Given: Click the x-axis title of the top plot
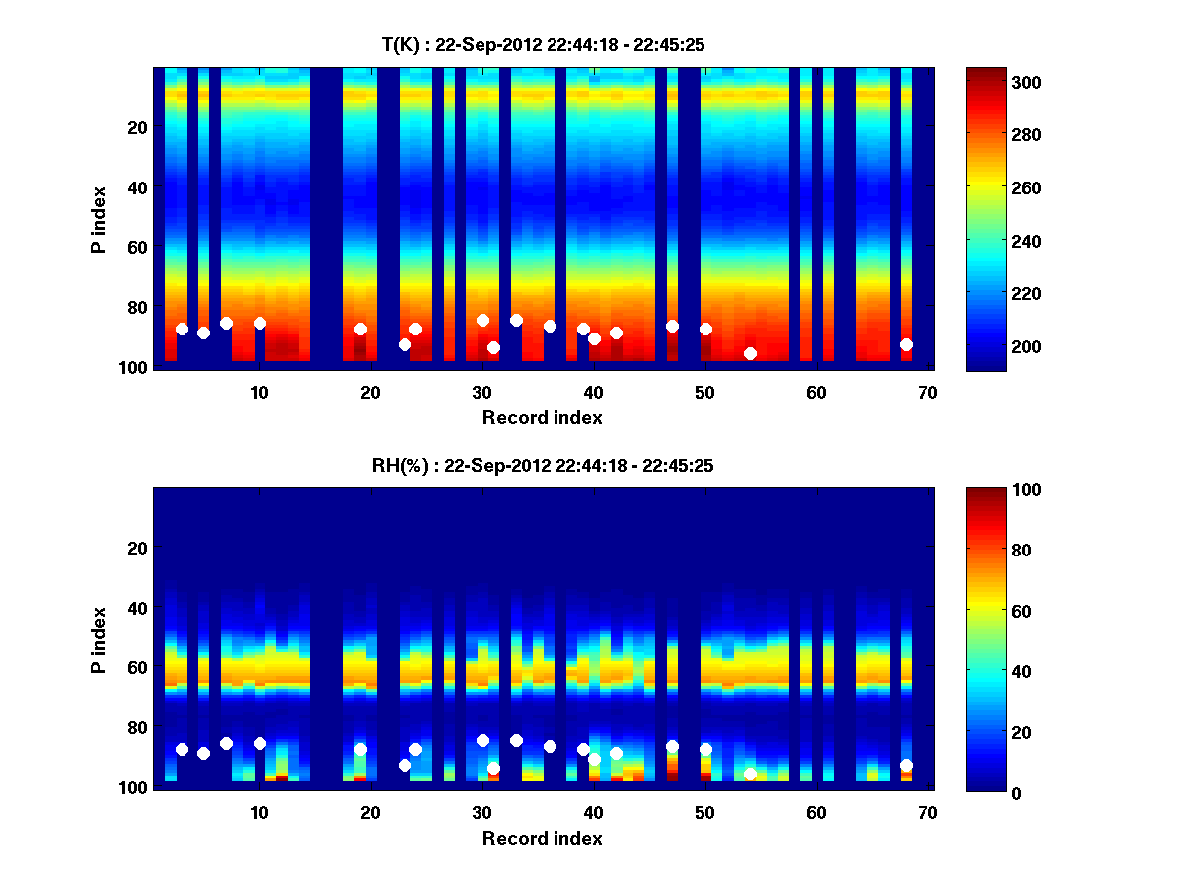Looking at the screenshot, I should [542, 417].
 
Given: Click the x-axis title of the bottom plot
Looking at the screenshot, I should [542, 838].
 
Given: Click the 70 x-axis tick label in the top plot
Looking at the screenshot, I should [927, 392].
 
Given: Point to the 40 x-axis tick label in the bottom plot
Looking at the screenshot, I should [593, 812].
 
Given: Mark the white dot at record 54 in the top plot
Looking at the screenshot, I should [750, 353].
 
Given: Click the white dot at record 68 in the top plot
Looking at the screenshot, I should [906, 344].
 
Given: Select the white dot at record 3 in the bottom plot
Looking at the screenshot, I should [182, 749].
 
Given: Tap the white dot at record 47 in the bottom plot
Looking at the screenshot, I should [672, 746].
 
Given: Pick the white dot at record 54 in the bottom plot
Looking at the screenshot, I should [750, 774].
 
